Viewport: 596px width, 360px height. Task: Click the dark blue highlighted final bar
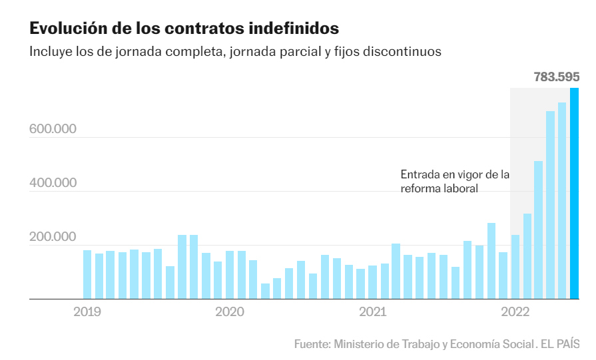(x=574, y=193)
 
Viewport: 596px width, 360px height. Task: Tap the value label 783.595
(x=557, y=77)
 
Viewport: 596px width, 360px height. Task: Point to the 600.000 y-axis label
(x=53, y=129)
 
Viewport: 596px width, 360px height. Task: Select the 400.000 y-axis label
(x=53, y=183)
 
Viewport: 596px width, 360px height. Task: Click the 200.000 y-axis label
(x=53, y=237)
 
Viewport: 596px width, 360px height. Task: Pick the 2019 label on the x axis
(x=87, y=312)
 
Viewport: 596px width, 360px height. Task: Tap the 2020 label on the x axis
(x=230, y=312)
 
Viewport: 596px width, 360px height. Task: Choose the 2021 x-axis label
(x=372, y=312)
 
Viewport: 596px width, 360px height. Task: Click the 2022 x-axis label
(x=515, y=312)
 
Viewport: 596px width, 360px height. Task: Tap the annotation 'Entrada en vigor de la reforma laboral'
(x=455, y=182)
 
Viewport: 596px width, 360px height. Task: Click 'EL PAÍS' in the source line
(x=560, y=344)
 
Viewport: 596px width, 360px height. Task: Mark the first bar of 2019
(x=87, y=275)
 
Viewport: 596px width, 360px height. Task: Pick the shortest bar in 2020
(x=265, y=291)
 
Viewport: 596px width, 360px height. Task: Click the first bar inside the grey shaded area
(x=515, y=267)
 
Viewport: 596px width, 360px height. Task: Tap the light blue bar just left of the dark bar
(x=562, y=200)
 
